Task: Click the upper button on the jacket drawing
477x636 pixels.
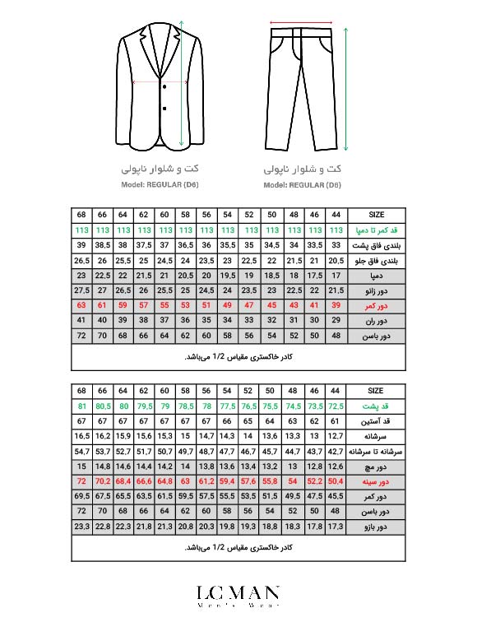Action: [165, 86]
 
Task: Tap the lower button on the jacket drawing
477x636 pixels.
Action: [165, 107]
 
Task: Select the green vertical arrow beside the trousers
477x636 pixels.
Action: [345, 86]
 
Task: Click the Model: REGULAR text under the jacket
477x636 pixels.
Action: [161, 185]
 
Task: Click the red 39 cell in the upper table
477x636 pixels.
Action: [336, 305]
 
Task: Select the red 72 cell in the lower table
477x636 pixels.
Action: [81, 480]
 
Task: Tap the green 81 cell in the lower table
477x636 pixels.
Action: [81, 406]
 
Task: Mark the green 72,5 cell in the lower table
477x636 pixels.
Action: [336, 406]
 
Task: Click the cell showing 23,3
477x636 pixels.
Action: [81, 527]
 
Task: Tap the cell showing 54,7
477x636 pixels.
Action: [81, 451]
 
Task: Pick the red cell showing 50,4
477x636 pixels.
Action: [336, 480]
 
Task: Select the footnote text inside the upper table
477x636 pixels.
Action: [238, 357]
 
